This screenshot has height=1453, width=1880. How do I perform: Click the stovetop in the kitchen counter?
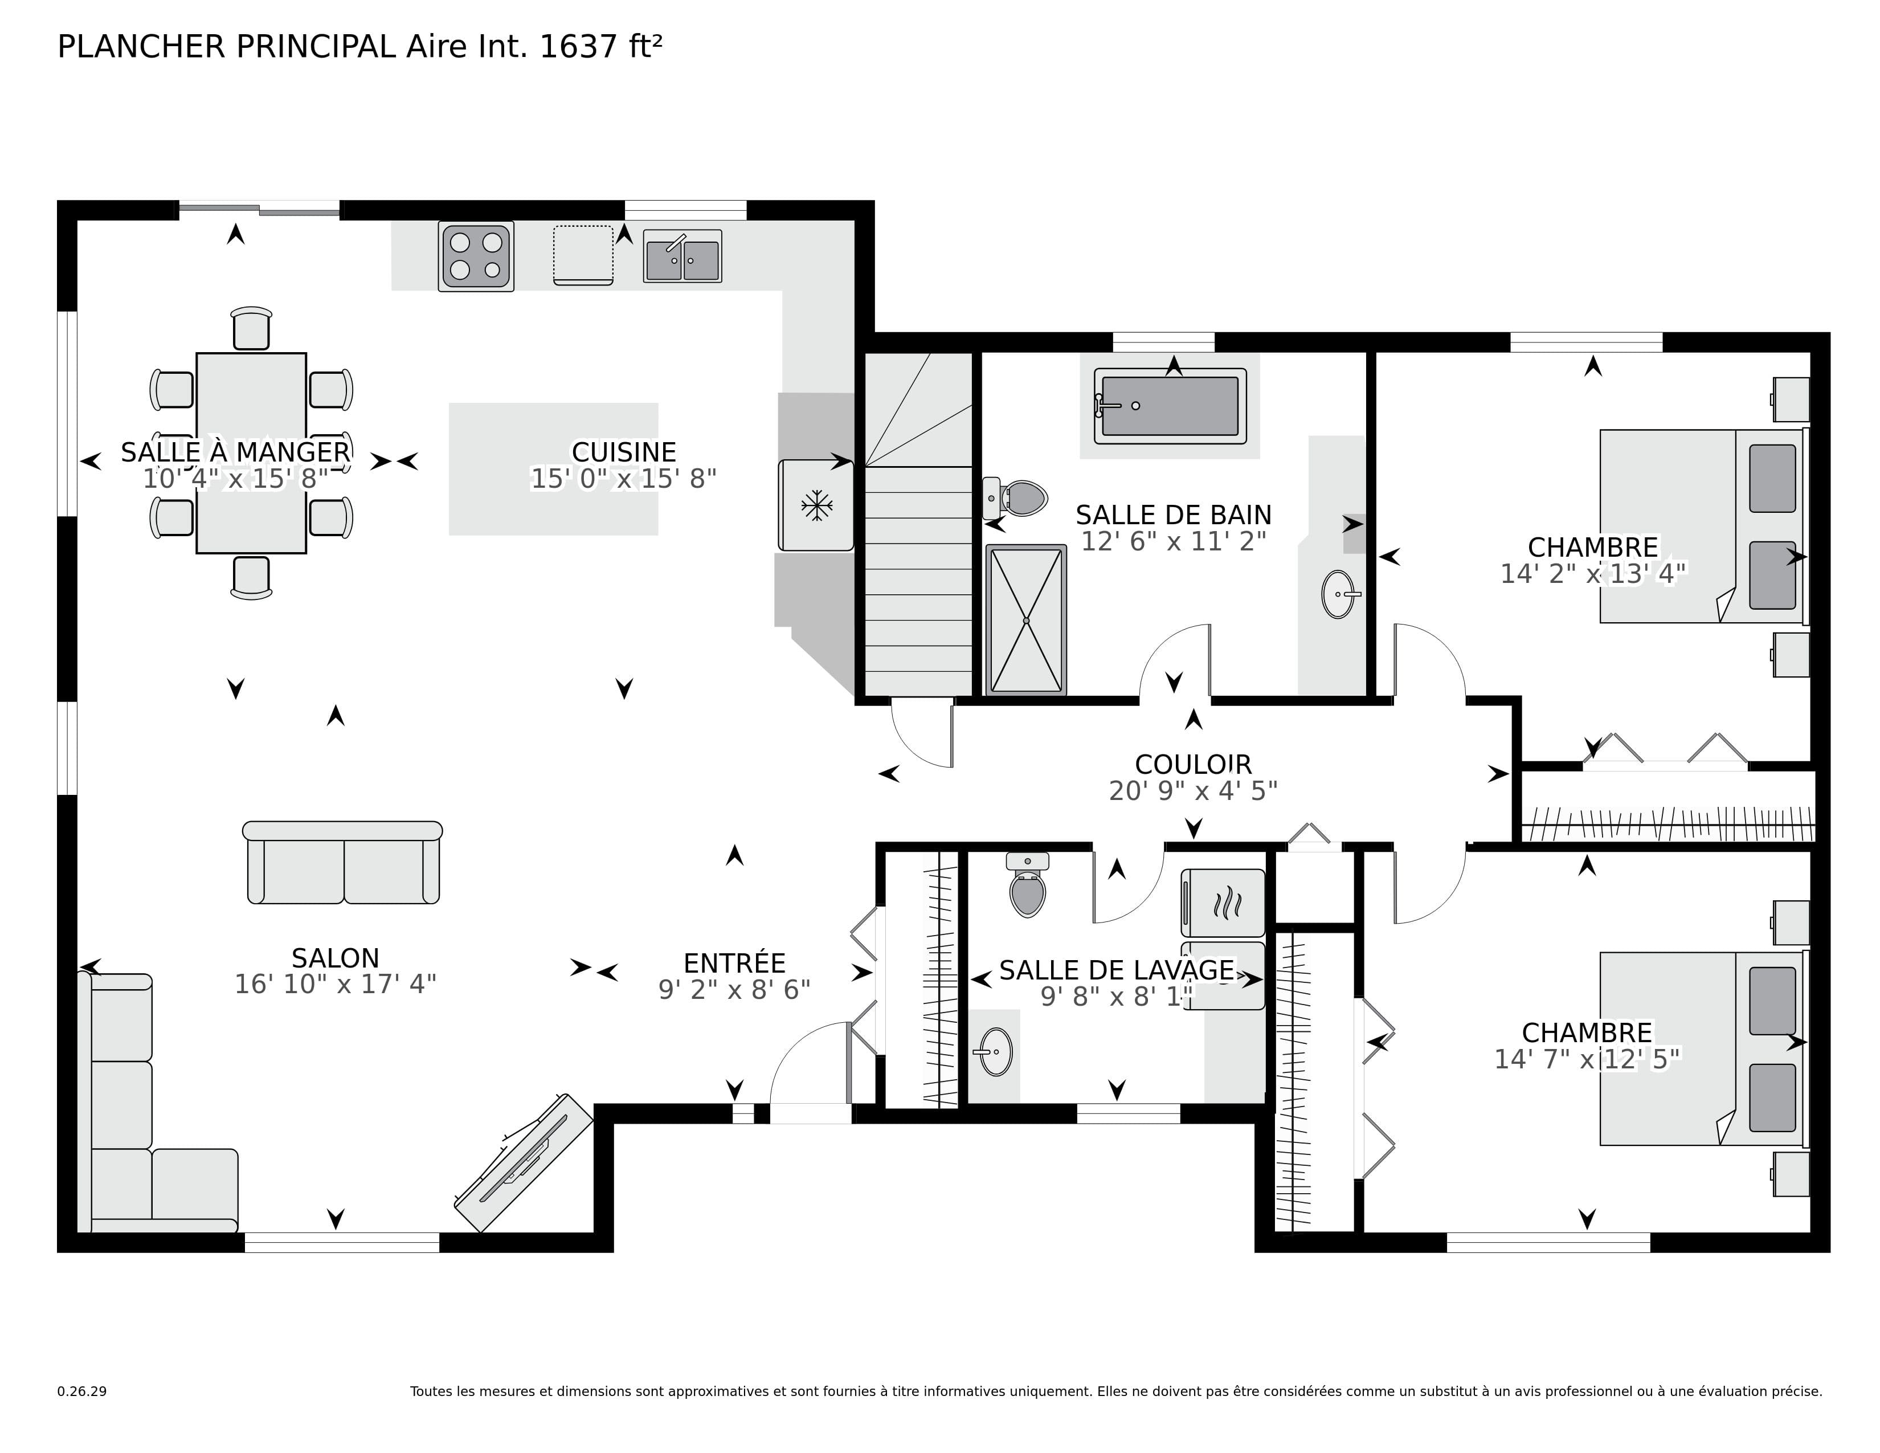(x=476, y=256)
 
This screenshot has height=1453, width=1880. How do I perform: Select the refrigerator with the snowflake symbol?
(x=816, y=506)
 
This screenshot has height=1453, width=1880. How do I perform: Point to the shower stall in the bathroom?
(x=1025, y=620)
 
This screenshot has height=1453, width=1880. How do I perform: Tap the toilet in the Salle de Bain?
(x=1019, y=497)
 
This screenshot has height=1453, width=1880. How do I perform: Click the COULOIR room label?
(x=1193, y=764)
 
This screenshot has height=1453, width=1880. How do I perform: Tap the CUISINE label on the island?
(x=624, y=452)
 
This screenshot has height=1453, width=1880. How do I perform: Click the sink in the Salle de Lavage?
(x=996, y=1052)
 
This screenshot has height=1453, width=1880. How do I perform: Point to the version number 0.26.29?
(x=82, y=1391)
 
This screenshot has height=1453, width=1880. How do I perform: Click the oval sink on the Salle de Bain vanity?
(x=1338, y=594)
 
